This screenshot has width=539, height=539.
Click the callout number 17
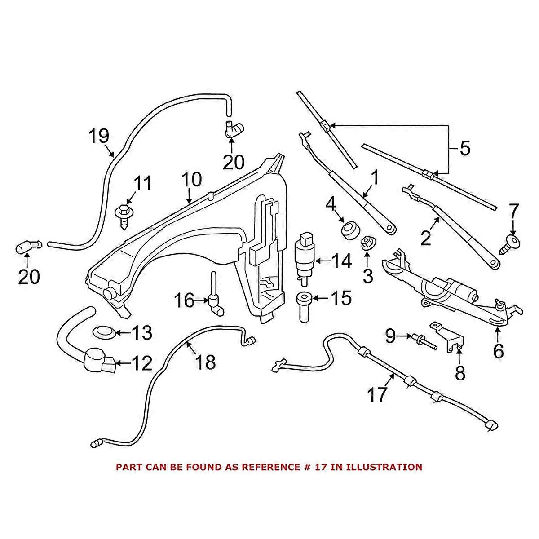376,395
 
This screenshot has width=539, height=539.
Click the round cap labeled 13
103,333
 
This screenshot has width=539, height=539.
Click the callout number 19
98,136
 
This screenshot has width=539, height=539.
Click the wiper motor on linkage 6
454,292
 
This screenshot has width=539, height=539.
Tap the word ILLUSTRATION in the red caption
387,467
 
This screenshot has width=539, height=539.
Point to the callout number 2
425,238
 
